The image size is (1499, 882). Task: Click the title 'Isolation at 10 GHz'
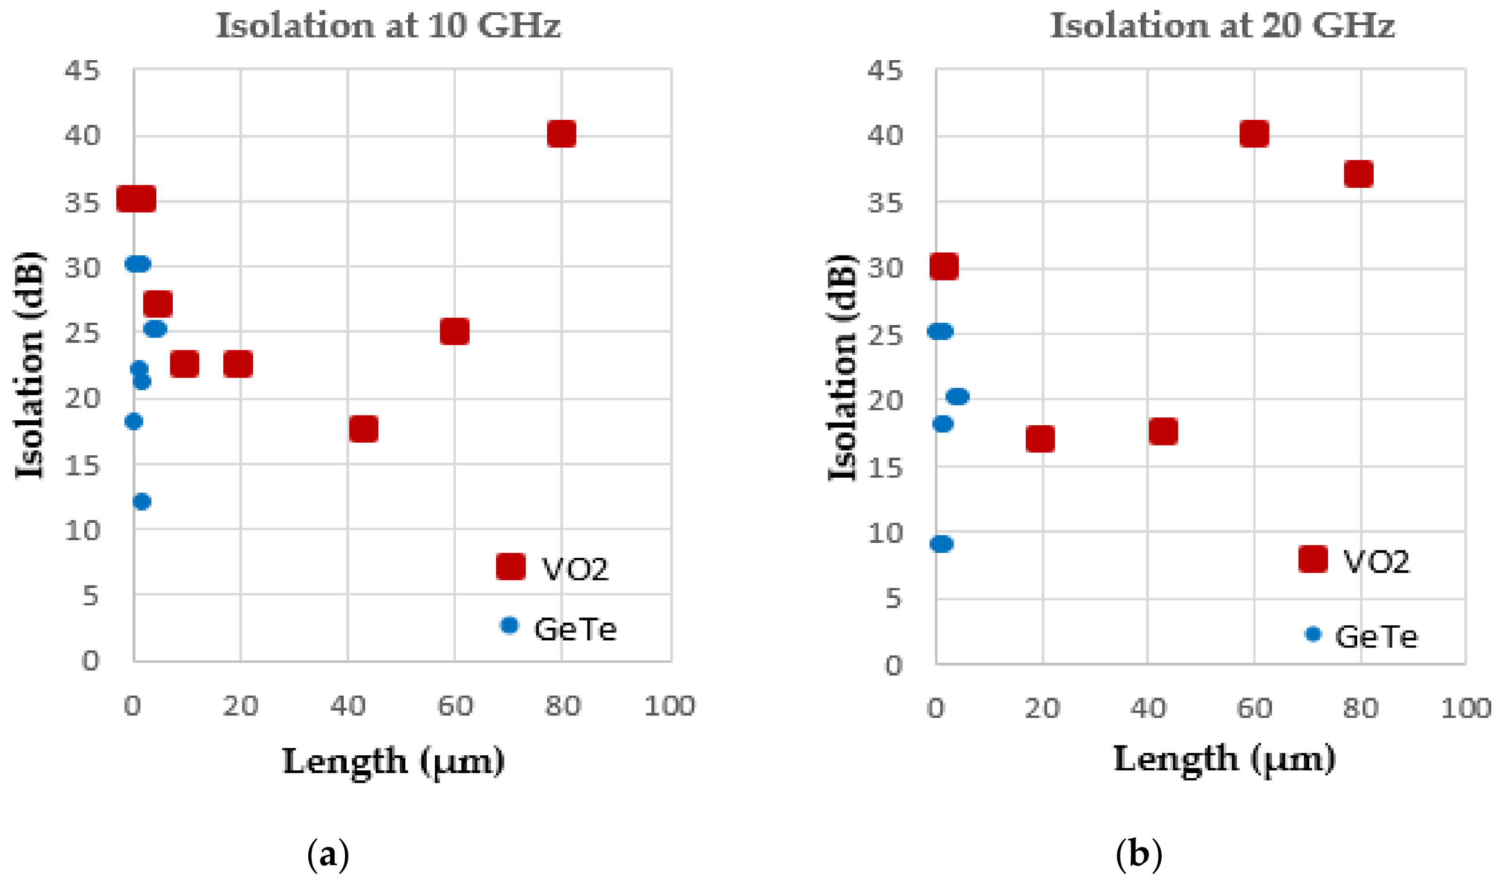388,27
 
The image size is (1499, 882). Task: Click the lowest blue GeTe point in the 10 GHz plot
142,501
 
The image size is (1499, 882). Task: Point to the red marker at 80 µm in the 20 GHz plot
1359,174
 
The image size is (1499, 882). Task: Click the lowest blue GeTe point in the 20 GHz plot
941,544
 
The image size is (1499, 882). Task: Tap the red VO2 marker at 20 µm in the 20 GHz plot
1040,439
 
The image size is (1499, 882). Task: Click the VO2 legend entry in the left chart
553,568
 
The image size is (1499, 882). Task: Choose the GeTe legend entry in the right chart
1362,637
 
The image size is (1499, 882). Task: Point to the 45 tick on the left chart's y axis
83,71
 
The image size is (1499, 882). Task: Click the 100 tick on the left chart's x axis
670,706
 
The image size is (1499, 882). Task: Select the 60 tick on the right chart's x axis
1254,708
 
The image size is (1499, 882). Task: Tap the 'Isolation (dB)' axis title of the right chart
842,367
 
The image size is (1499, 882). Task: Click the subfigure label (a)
328,855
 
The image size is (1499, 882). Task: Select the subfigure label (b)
1138,855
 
